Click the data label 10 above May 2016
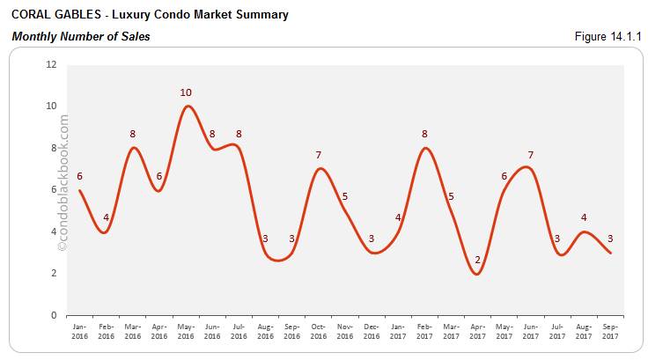[x=186, y=92]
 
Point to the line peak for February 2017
[x=425, y=148]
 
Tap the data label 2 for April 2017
[x=477, y=260]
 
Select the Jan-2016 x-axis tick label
[x=79, y=330]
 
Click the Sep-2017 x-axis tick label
[x=610, y=330]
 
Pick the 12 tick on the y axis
[x=51, y=64]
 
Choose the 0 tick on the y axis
[x=54, y=315]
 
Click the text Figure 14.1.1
[x=607, y=36]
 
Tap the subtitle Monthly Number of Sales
[x=80, y=36]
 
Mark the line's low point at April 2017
[x=477, y=274]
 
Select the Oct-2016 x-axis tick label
[x=319, y=330]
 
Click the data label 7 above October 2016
[x=319, y=156]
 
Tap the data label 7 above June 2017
[x=530, y=156]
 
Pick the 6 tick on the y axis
[x=54, y=190]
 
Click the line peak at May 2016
[x=187, y=107]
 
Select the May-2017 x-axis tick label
[x=504, y=330]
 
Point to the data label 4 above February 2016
[x=106, y=218]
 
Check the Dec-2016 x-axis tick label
[x=372, y=330]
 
